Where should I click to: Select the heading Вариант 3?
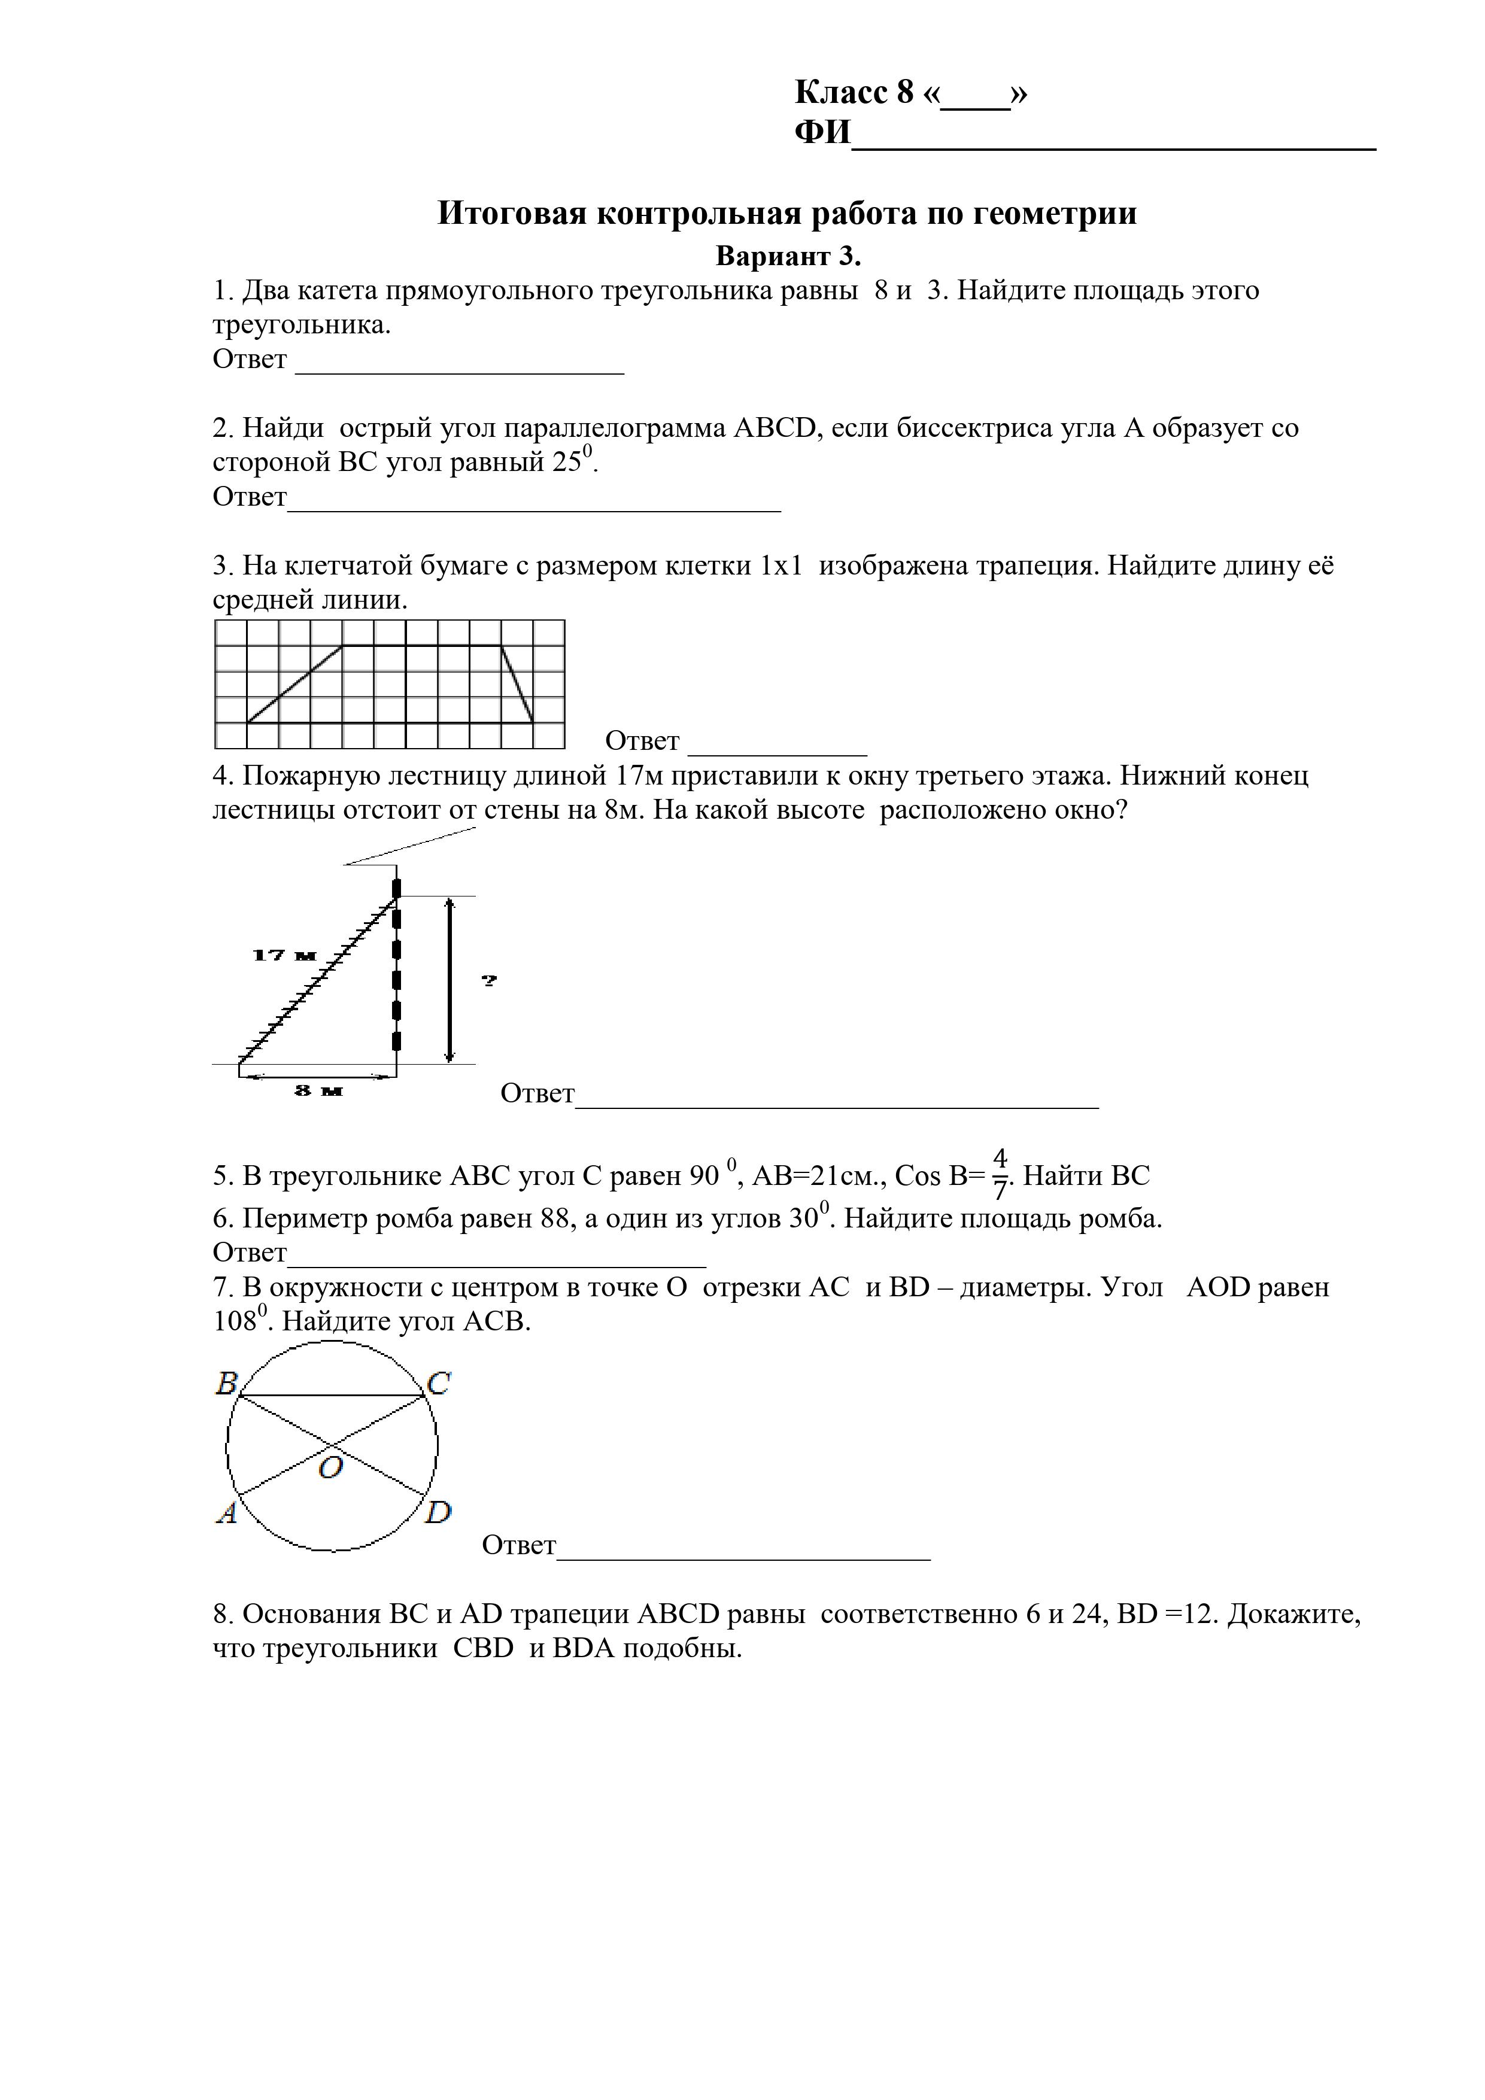click(x=788, y=256)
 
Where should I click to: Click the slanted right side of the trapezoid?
click(x=518, y=684)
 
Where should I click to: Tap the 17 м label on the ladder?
click(x=284, y=956)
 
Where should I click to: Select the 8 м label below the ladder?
click(x=317, y=1090)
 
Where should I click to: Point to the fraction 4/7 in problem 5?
click(x=1000, y=1174)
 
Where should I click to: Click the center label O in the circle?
click(x=330, y=1468)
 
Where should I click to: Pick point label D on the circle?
click(x=438, y=1513)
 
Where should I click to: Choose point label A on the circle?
click(x=226, y=1514)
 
